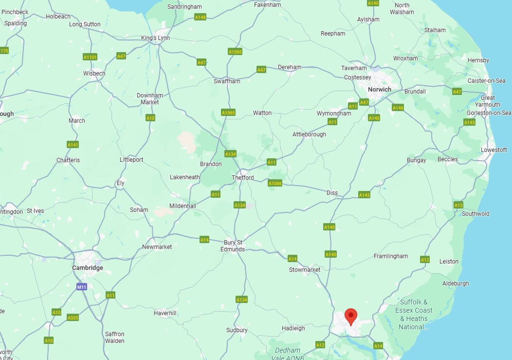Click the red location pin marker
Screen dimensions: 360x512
tap(350, 316)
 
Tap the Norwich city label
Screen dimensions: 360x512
tap(379, 89)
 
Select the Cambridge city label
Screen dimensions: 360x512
tap(87, 267)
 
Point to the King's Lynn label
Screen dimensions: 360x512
tap(155, 38)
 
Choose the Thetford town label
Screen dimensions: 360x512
tap(242, 177)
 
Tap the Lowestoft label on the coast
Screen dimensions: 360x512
tap(494, 150)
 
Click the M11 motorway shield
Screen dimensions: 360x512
tap(82, 287)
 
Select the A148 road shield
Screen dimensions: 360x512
tap(201, 17)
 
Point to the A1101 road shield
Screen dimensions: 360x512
tap(90, 57)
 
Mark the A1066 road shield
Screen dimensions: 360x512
tap(275, 183)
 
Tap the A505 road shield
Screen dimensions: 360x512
tap(73, 318)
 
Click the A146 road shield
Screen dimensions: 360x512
tap(398, 108)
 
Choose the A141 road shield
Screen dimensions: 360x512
tap(73, 145)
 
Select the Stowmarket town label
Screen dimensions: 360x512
tap(305, 269)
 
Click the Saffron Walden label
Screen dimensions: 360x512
tap(115, 338)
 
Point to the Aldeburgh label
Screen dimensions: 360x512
tap(456, 283)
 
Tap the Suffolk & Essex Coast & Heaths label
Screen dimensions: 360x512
tap(414, 314)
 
